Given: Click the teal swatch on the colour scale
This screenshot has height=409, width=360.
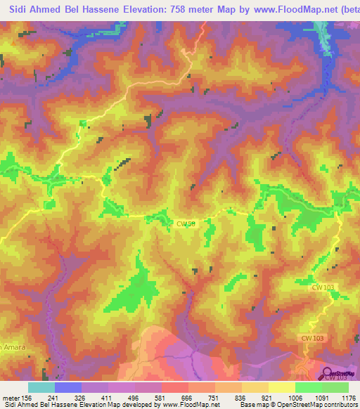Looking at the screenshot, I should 41,387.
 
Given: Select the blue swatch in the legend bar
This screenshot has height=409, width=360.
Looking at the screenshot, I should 68,387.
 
